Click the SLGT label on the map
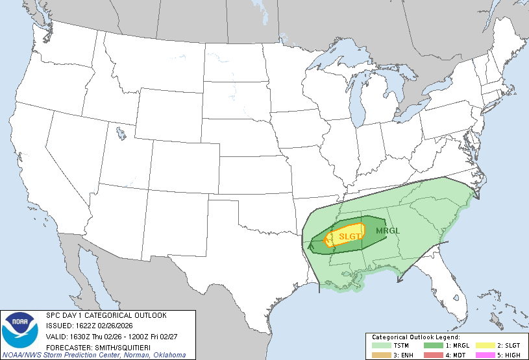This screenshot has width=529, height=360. tap(350, 237)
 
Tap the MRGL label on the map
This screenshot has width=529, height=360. tap(388, 230)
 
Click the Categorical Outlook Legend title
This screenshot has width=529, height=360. tap(415, 337)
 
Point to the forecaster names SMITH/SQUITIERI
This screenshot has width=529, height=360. tap(123, 346)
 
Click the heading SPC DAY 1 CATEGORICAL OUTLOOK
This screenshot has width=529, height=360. tap(106, 315)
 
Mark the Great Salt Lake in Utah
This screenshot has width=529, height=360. tap(121, 134)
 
